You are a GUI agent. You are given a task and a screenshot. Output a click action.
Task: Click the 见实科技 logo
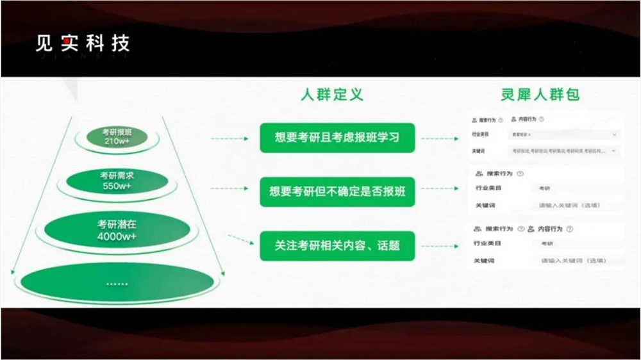pyautogui.click(x=83, y=44)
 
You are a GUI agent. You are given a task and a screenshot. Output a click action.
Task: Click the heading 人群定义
pyautogui.click(x=332, y=95)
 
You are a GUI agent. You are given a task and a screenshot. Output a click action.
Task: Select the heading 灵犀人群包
pyautogui.click(x=540, y=95)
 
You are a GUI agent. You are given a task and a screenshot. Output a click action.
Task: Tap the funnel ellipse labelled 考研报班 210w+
pyautogui.click(x=116, y=136)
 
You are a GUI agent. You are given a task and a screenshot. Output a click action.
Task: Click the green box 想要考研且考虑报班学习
pyautogui.click(x=337, y=137)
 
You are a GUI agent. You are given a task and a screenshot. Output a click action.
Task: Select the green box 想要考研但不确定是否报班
pyautogui.click(x=337, y=191)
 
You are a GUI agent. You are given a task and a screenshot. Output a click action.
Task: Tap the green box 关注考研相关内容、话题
pyautogui.click(x=337, y=245)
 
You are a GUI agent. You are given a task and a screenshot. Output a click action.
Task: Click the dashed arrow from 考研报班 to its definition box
pyautogui.click(x=229, y=138)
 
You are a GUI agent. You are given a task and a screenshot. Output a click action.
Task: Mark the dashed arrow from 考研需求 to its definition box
pyautogui.click(x=229, y=188)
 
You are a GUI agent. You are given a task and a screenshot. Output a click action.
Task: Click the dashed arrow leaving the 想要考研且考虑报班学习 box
pyautogui.click(x=441, y=138)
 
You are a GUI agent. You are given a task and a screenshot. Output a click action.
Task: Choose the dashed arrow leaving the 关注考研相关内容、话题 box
pyautogui.click(x=441, y=245)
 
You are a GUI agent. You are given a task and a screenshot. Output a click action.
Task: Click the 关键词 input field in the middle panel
pyautogui.click(x=572, y=206)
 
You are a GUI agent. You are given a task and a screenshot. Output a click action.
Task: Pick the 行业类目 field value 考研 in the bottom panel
pyautogui.click(x=547, y=244)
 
